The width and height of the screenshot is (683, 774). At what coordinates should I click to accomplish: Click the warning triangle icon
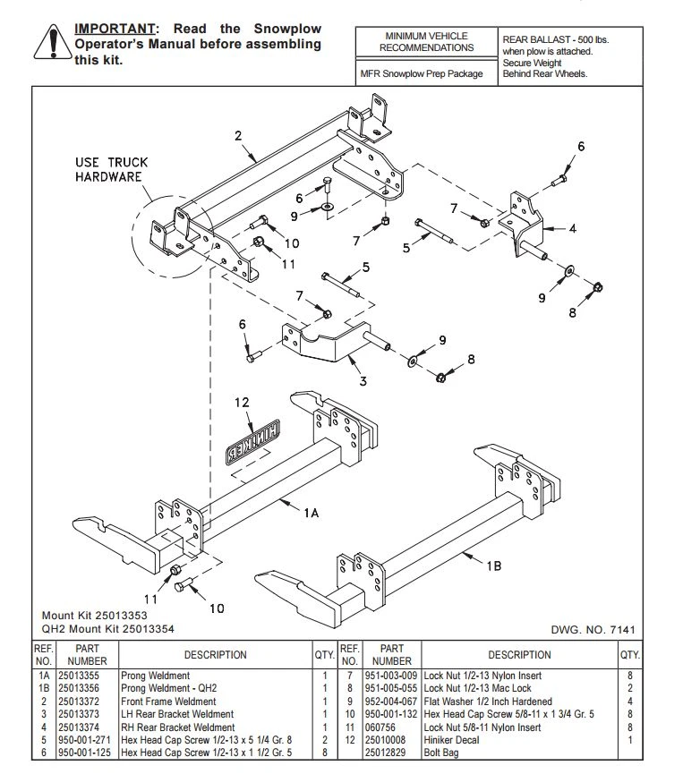[x=51, y=42]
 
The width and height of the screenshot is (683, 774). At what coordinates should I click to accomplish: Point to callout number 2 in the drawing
[x=238, y=136]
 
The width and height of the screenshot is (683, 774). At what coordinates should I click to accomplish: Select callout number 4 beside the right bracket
[x=572, y=228]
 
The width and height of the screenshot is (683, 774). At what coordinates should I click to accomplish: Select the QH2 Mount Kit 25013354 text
[x=109, y=629]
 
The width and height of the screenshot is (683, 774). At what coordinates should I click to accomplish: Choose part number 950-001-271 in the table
[x=87, y=740]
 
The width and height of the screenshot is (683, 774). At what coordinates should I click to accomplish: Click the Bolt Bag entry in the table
[x=442, y=753]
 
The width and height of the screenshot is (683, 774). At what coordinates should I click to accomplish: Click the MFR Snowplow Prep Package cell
[x=426, y=73]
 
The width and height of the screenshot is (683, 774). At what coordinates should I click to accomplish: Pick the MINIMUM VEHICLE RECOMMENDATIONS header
[x=426, y=41]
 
